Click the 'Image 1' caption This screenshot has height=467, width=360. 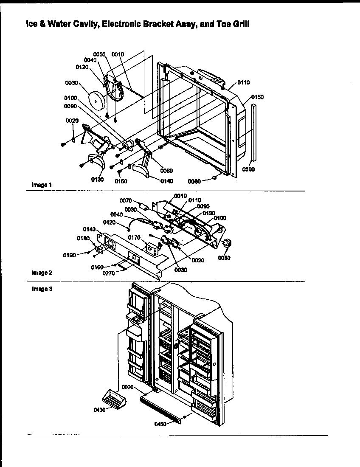(41, 185)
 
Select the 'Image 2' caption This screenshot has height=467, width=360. (41, 273)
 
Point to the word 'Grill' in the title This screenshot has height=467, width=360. (239, 25)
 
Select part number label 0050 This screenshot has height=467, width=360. (99, 54)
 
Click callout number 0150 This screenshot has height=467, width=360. (257, 97)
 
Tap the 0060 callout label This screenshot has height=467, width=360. (167, 171)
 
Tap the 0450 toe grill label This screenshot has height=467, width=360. (161, 423)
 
